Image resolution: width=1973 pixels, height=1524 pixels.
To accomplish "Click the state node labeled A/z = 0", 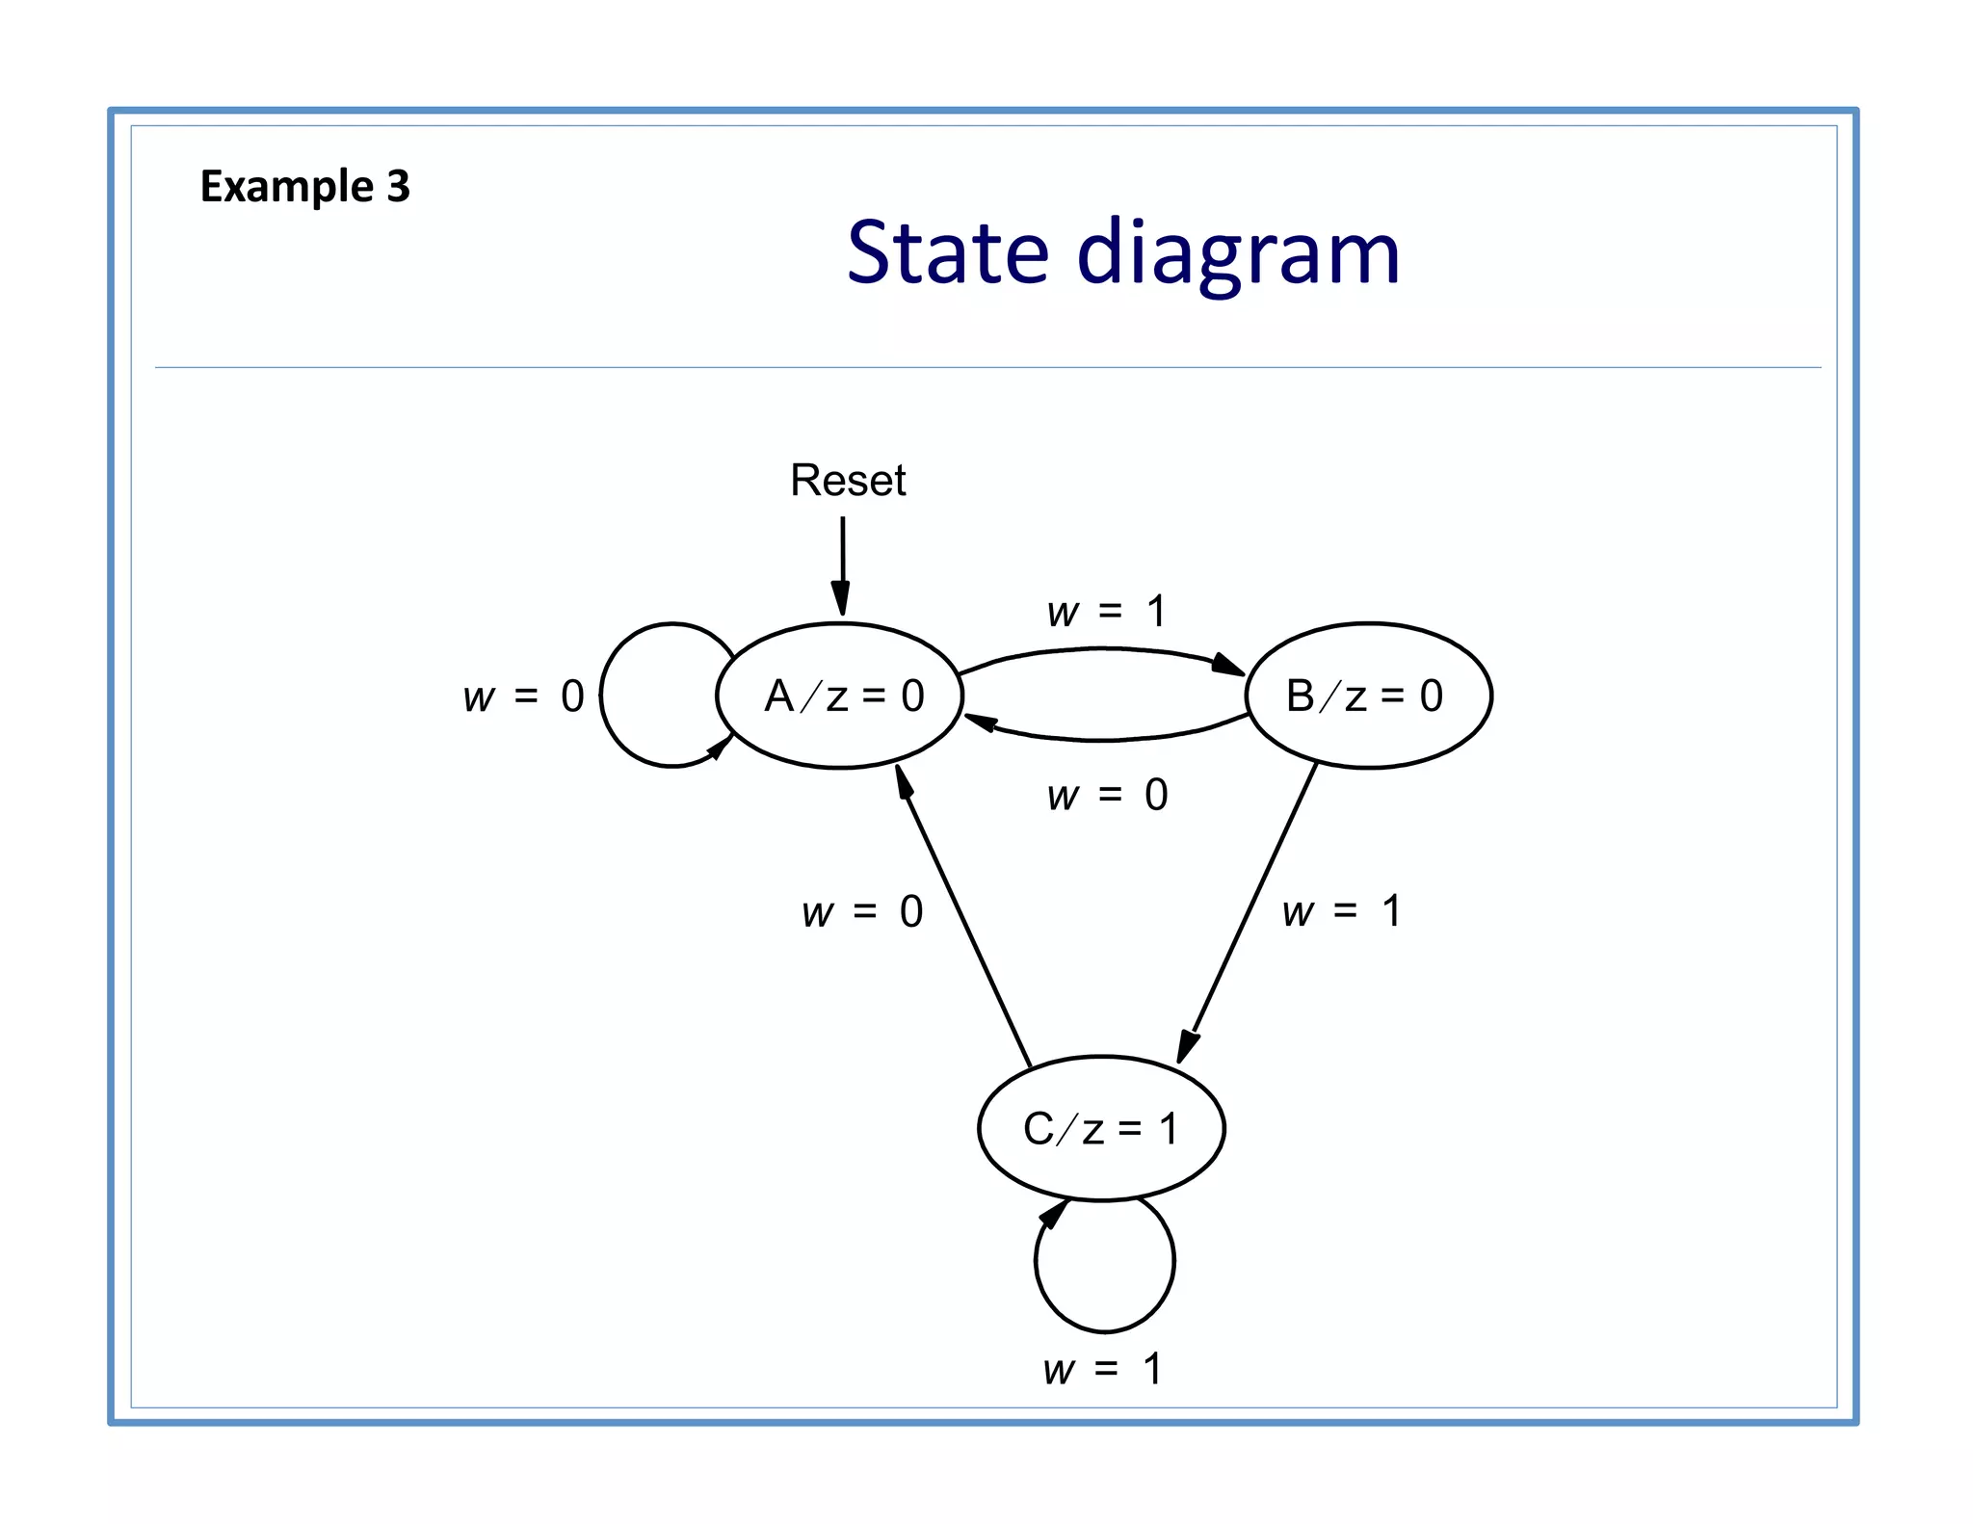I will (840, 696).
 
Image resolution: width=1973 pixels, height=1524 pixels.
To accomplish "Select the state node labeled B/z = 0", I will (1368, 696).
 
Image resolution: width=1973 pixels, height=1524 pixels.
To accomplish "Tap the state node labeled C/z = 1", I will (1101, 1128).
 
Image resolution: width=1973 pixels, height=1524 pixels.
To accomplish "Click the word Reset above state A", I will (848, 480).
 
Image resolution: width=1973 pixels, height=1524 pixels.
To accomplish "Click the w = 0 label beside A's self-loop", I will (523, 696).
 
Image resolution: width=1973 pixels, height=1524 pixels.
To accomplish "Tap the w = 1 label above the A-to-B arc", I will (1106, 612).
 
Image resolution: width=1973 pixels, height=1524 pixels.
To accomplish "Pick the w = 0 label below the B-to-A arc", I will (1107, 796).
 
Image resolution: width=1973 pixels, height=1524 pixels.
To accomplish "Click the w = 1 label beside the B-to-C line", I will (1341, 911).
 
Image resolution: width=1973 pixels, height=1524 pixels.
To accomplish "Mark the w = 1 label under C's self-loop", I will (1102, 1369).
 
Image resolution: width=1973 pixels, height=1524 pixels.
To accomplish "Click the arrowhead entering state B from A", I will (1227, 665).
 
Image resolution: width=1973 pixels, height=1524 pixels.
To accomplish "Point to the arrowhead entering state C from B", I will (1189, 1046).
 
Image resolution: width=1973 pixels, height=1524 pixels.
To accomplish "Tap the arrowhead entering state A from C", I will (904, 781).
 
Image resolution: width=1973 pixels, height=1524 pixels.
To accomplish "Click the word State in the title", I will (947, 252).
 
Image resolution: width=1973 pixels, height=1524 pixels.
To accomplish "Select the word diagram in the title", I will (1237, 254).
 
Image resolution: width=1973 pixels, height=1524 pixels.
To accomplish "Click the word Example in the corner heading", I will (286, 186).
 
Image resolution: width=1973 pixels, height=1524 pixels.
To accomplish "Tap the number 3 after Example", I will (398, 186).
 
